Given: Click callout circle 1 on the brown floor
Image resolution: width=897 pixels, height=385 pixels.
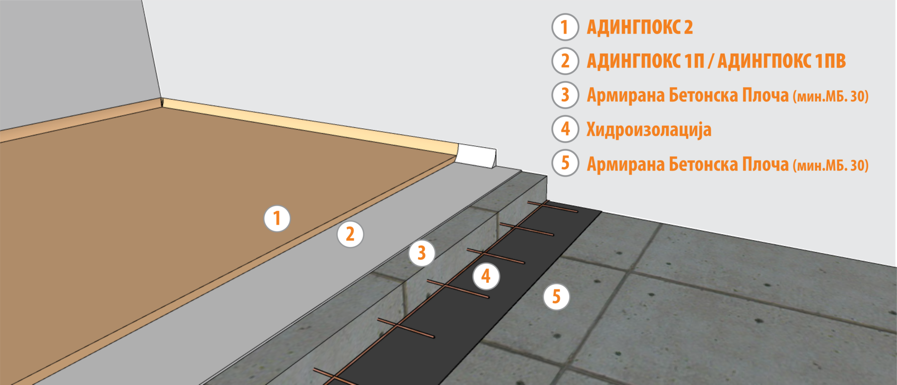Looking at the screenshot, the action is pyautogui.click(x=277, y=218).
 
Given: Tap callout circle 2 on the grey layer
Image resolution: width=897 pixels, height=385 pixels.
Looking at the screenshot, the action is pyautogui.click(x=350, y=234).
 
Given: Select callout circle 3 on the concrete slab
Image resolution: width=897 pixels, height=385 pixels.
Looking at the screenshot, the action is pyautogui.click(x=422, y=253).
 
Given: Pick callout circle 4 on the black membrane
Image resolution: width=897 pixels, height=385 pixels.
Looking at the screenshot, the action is pyautogui.click(x=486, y=276).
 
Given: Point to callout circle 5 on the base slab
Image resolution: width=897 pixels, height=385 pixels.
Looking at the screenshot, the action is pyautogui.click(x=556, y=297).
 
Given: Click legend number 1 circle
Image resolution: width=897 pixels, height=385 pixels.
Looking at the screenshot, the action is pyautogui.click(x=565, y=27).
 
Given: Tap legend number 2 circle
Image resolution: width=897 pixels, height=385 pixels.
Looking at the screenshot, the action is pyautogui.click(x=565, y=61).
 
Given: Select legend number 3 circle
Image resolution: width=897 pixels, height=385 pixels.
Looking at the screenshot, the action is pyautogui.click(x=565, y=95).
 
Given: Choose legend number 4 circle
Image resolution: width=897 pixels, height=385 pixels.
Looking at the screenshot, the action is pyautogui.click(x=565, y=128).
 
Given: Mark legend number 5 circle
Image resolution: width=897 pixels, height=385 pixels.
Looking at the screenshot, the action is pyautogui.click(x=565, y=163).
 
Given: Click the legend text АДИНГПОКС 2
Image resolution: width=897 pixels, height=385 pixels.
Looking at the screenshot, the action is pyautogui.click(x=640, y=27).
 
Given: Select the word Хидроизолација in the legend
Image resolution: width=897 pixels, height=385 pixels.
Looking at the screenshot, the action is pyautogui.click(x=649, y=130).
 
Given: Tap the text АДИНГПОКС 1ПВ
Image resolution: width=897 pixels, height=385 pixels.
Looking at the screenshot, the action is pyautogui.click(x=781, y=61).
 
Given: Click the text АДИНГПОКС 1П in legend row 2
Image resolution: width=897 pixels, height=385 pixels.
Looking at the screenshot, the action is pyautogui.click(x=646, y=61).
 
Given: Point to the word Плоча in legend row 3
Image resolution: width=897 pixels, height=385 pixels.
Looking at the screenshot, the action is pyautogui.click(x=765, y=95).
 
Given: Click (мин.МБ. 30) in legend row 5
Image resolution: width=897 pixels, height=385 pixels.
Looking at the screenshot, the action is pyautogui.click(x=831, y=165).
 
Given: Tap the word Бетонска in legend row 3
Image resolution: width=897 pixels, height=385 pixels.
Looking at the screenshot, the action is pyautogui.click(x=703, y=95).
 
